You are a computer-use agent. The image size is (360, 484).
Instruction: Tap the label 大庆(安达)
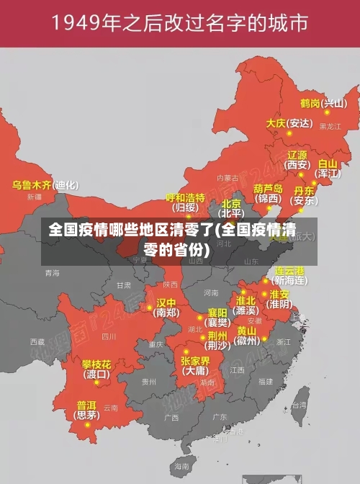tap(289, 123)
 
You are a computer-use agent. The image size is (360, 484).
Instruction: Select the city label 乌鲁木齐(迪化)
tap(45, 184)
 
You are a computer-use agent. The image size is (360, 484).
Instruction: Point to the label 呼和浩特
tap(186, 197)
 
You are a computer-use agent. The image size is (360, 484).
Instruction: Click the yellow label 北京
tap(231, 204)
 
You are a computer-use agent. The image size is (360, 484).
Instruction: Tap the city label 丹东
tap(305, 191)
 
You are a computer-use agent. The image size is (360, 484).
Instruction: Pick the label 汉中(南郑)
tap(166, 302)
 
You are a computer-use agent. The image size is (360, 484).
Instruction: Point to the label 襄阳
tap(217, 312)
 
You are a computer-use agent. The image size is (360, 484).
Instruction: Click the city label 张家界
tap(195, 360)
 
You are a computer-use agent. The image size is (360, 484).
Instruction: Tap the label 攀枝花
tap(96, 364)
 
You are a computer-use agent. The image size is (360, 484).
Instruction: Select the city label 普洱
tap(86, 405)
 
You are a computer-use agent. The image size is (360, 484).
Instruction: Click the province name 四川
tap(108, 336)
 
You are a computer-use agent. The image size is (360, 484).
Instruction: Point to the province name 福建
tap(266, 381)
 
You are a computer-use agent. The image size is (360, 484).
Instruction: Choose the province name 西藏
tap(36, 341)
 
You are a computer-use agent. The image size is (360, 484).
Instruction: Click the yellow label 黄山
tap(247, 331)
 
